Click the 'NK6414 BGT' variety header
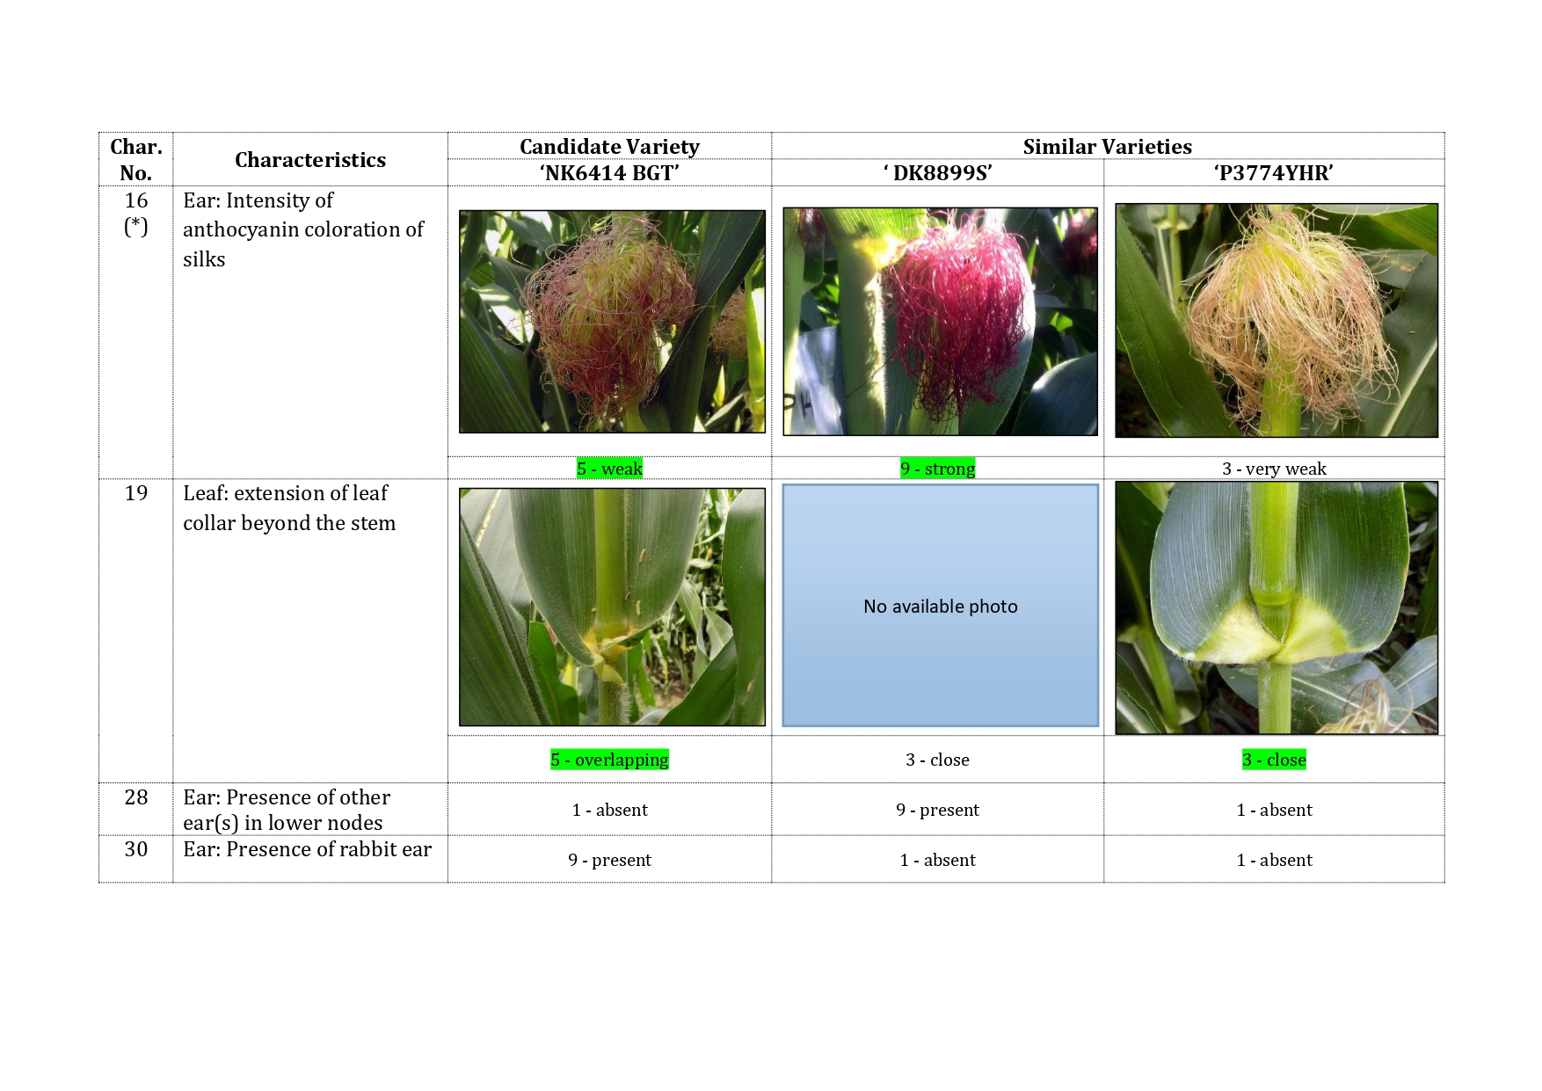609,173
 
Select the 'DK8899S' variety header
937,173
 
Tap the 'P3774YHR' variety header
1274,173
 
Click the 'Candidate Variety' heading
609,147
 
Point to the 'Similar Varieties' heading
1108,147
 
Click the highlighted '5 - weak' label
609,469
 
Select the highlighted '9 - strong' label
937,469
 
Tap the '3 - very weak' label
1274,469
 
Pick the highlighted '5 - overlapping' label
609,760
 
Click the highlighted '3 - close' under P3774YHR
1274,760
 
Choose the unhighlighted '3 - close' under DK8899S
937,760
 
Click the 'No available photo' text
941,607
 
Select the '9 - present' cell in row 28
937,810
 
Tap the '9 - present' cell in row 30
609,860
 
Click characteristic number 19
136,493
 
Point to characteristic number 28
136,797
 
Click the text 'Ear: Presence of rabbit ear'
308,849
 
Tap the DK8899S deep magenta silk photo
940,321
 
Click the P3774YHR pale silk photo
1277,320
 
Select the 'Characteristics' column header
310,160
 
